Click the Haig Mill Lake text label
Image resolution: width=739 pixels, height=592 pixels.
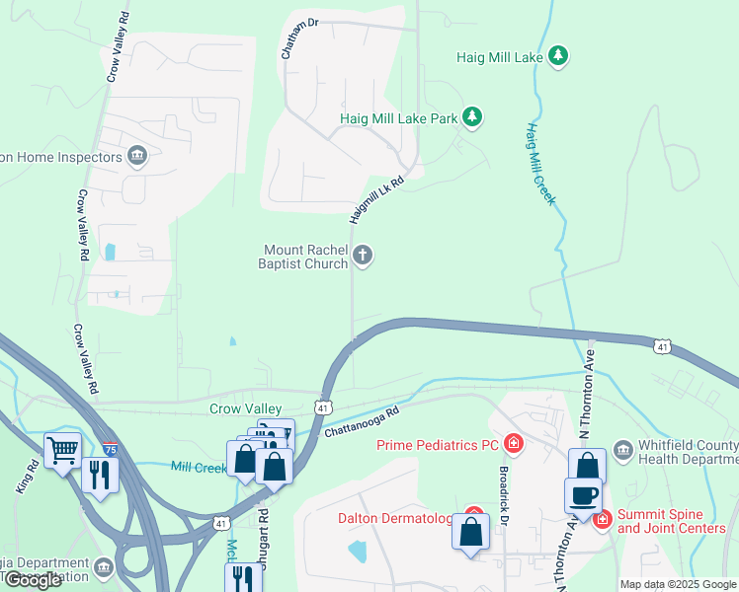[x=500, y=57]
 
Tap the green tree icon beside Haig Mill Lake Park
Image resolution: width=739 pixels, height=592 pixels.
[x=473, y=118]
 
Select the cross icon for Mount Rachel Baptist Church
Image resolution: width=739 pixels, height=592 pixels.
[x=363, y=257]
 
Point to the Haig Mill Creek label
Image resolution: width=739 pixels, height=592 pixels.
[x=541, y=164]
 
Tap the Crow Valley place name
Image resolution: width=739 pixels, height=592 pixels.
[x=246, y=408]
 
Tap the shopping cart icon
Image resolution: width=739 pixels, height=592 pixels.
[x=62, y=450]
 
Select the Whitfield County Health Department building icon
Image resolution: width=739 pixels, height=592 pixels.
[x=623, y=450]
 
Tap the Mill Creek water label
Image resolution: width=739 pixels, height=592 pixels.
[x=199, y=467]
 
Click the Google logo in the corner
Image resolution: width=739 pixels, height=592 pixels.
[x=34, y=580]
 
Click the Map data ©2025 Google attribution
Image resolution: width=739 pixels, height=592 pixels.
[x=678, y=584]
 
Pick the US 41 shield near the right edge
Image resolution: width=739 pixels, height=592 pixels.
[x=663, y=345]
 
